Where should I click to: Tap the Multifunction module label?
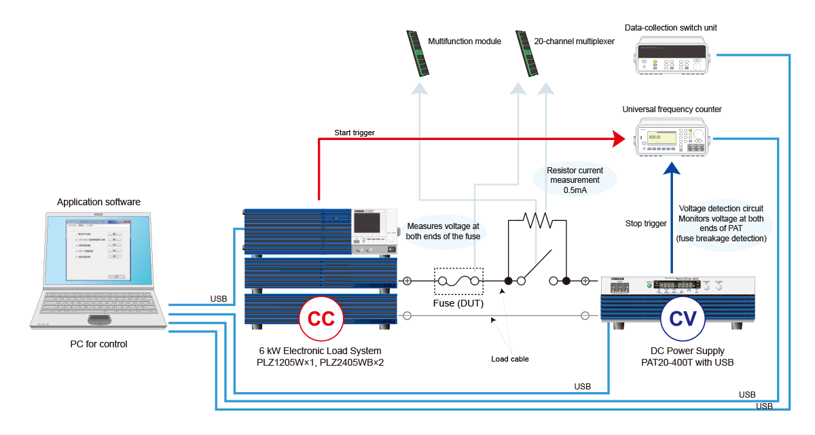(x=465, y=41)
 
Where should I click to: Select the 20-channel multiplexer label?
(x=575, y=41)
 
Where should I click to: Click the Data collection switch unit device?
(x=671, y=55)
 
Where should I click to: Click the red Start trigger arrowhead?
(x=617, y=139)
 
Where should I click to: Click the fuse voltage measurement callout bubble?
(x=443, y=231)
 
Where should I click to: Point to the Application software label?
(x=99, y=203)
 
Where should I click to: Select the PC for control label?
(x=98, y=344)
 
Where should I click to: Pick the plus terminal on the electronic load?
(x=407, y=281)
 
